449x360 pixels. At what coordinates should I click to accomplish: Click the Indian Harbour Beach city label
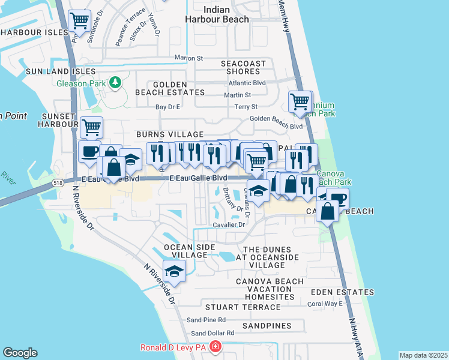coord(226,14)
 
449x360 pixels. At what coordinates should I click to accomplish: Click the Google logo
coord(20,353)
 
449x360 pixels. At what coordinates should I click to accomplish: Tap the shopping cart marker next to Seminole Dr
coord(80,22)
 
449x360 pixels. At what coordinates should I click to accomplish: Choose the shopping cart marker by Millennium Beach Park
coord(300,101)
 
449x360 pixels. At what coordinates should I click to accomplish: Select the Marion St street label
coord(189,58)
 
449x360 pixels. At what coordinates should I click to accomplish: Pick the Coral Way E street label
coord(325,304)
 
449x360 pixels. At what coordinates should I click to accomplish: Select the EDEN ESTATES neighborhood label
coord(342,292)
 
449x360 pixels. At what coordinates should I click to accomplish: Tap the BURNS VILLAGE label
coord(170,134)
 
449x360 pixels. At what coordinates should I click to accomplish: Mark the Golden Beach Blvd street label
coord(276,119)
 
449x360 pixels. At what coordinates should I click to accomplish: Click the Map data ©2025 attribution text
coord(423,355)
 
